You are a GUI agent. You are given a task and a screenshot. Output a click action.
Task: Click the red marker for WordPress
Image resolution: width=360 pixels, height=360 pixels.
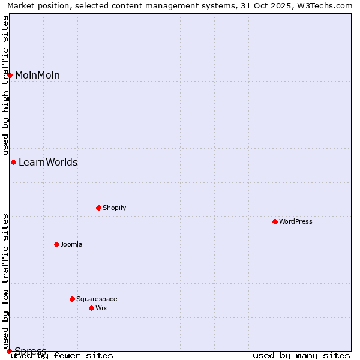[x=275, y=221]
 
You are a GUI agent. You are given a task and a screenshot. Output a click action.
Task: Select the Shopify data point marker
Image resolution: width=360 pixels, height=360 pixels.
[x=98, y=208]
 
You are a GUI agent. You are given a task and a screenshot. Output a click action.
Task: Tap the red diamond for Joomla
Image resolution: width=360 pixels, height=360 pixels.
[x=56, y=244]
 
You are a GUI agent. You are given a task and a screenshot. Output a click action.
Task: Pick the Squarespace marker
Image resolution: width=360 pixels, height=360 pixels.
[x=72, y=299]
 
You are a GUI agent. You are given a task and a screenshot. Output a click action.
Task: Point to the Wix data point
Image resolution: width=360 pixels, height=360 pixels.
[x=91, y=308]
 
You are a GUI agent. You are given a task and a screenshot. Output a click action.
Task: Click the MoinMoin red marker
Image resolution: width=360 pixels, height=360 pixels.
[x=10, y=75]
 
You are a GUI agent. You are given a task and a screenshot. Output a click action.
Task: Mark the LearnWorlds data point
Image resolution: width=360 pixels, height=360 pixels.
[x=13, y=162]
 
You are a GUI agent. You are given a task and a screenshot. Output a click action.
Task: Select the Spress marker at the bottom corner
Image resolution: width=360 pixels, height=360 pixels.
[x=9, y=351]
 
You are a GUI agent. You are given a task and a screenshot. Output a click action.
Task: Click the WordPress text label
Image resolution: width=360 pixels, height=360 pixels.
[x=296, y=221]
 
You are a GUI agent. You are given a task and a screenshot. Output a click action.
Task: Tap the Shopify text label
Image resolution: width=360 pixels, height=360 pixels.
[x=114, y=208]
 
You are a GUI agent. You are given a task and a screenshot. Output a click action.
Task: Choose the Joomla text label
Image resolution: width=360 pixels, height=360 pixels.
[x=71, y=244]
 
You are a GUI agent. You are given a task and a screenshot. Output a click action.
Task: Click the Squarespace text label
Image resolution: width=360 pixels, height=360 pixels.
[x=97, y=299]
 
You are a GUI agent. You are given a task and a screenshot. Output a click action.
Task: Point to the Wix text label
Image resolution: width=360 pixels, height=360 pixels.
[x=101, y=308]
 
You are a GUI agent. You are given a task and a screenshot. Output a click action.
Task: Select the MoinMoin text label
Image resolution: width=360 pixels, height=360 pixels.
[x=37, y=75]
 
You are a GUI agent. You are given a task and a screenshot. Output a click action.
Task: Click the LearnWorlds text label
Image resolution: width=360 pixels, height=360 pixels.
[x=48, y=162]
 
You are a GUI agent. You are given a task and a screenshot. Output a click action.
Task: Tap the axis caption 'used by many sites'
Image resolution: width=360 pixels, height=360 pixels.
[x=301, y=355]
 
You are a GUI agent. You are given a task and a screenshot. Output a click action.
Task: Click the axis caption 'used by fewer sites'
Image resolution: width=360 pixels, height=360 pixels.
[x=62, y=355]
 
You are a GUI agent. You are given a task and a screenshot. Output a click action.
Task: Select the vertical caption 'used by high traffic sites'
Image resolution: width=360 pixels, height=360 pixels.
[x=5, y=86]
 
